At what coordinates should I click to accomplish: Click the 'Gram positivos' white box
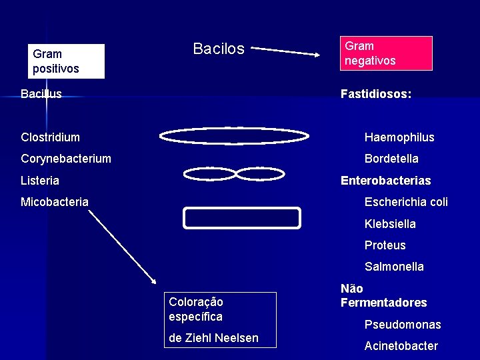[67, 61]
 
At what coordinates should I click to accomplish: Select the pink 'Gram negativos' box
[386, 53]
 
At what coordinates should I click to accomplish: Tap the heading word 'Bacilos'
[219, 49]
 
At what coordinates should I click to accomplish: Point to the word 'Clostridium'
[50, 137]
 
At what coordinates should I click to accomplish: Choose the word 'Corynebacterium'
[66, 159]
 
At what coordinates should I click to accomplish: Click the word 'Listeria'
[40, 181]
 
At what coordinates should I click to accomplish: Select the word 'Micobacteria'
[55, 202]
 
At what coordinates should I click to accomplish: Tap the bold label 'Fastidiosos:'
[375, 94]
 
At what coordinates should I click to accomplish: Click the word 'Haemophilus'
[399, 137]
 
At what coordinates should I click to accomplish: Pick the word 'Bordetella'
[391, 159]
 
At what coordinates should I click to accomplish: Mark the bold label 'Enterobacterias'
[385, 181]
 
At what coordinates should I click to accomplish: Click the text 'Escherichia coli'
[406, 202]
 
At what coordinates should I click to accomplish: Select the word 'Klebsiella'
[390, 224]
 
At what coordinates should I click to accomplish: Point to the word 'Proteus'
[385, 245]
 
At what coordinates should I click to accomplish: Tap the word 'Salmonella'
[394, 267]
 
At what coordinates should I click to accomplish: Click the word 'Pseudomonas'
[403, 325]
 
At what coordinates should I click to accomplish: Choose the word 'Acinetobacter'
[401, 346]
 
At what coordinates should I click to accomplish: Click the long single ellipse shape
[234, 136]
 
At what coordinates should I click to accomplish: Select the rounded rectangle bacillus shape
[242, 218]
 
